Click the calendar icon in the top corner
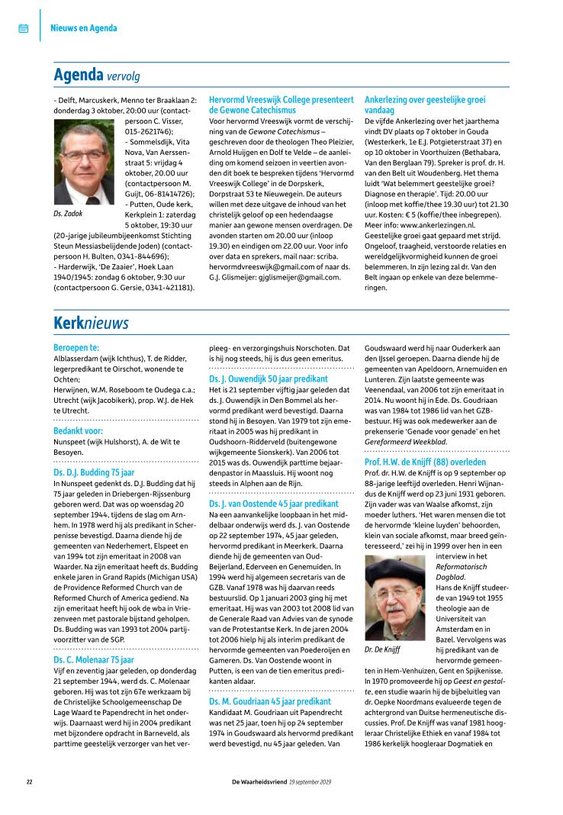pos(23,28)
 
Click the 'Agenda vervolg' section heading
pos(96,76)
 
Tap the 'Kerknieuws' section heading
pos(91,323)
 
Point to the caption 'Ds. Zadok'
pos(69,214)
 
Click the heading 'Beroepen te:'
pos(76,347)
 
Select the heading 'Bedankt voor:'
pos(78,430)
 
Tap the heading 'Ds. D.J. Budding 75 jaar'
pos(94,472)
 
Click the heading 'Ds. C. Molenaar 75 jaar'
pos(94,659)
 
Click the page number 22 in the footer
pos(29,782)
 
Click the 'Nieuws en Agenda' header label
pos(83,28)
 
